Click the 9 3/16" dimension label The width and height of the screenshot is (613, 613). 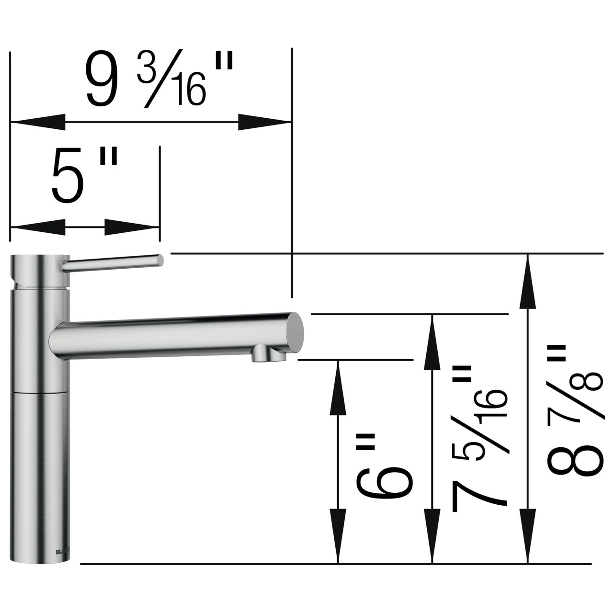(158, 79)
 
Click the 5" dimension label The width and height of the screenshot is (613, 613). (84, 175)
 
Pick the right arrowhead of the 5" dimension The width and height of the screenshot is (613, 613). (132, 227)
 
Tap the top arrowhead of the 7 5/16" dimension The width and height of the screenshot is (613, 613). (432, 342)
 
